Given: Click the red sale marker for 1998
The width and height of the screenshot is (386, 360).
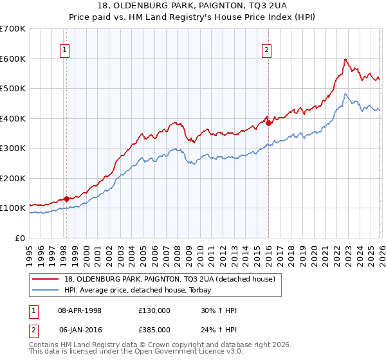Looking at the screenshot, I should (x=66, y=199).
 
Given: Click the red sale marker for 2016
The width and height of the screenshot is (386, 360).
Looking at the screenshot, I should (x=268, y=123).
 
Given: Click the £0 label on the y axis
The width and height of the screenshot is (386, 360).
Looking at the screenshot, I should (x=21, y=238).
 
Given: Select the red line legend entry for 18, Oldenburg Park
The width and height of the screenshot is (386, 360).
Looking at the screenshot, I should (x=170, y=279).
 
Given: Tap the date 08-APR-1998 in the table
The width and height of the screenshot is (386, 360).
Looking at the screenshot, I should (x=80, y=310).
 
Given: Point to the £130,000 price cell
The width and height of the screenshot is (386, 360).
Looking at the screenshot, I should (x=153, y=310).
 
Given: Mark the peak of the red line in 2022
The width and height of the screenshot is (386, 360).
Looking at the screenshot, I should (x=345, y=59).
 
